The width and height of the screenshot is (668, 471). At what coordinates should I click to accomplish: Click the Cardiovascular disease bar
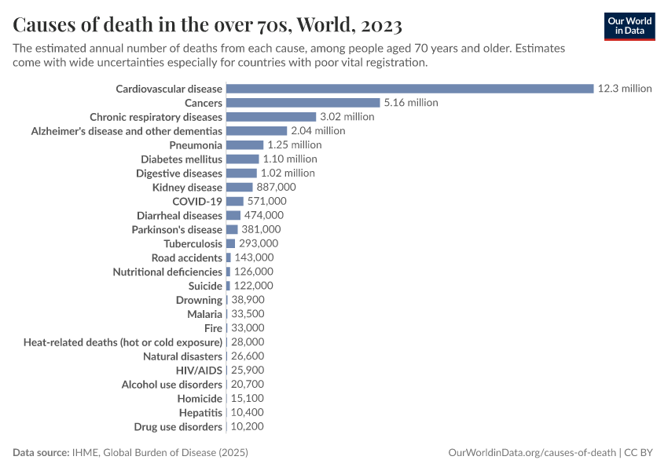[409, 89]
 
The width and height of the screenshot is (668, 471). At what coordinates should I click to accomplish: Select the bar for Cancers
[303, 103]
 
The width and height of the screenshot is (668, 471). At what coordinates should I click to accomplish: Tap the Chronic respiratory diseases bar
[271, 117]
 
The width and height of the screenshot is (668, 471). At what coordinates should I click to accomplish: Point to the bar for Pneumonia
[244, 145]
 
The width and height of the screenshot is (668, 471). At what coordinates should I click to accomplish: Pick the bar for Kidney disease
[239, 188]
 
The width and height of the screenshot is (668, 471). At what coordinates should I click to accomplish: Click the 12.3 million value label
[625, 89]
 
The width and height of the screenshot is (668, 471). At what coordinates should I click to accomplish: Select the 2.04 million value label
[317, 131]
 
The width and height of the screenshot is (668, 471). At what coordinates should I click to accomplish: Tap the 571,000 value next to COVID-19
[266, 202]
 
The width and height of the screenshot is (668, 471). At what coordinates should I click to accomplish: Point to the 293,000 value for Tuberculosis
[258, 244]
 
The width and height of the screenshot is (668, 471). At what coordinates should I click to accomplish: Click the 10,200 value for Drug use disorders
[248, 427]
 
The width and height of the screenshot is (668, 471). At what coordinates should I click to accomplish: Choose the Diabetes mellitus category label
[182, 159]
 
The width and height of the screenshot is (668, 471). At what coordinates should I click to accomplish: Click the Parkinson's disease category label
[177, 230]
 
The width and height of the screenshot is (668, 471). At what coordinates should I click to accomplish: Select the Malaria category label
[204, 314]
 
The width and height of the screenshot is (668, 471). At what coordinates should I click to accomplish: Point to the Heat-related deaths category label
[123, 342]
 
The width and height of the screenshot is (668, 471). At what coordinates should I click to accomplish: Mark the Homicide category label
[199, 399]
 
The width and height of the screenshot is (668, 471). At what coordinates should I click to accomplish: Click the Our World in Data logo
[629, 26]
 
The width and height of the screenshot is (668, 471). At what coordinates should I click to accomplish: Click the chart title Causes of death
[208, 24]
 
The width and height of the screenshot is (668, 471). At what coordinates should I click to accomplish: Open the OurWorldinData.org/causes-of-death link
[531, 453]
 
